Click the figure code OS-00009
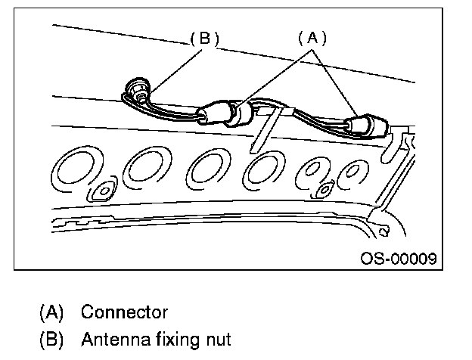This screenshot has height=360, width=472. coord(398,259)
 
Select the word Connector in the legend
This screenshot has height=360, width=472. coord(124,312)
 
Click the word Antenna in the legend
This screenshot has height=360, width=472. coord(109,337)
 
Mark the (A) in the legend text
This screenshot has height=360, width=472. coord(51,312)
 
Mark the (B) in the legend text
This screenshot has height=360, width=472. coord(51,337)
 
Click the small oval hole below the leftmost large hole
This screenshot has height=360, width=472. coord(99,193)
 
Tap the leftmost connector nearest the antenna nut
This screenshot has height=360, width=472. coord(212,116)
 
